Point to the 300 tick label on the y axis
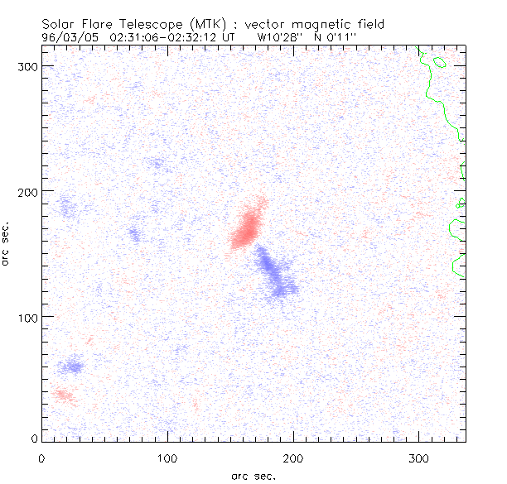(30, 66)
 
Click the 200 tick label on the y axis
(30, 192)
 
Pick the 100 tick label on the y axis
(30, 317)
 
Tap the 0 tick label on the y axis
(35, 438)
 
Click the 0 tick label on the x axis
(41, 457)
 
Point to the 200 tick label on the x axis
(293, 457)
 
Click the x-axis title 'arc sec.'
(254, 475)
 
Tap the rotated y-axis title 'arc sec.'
(7, 243)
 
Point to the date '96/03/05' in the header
(70, 37)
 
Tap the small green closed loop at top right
(438, 62)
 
